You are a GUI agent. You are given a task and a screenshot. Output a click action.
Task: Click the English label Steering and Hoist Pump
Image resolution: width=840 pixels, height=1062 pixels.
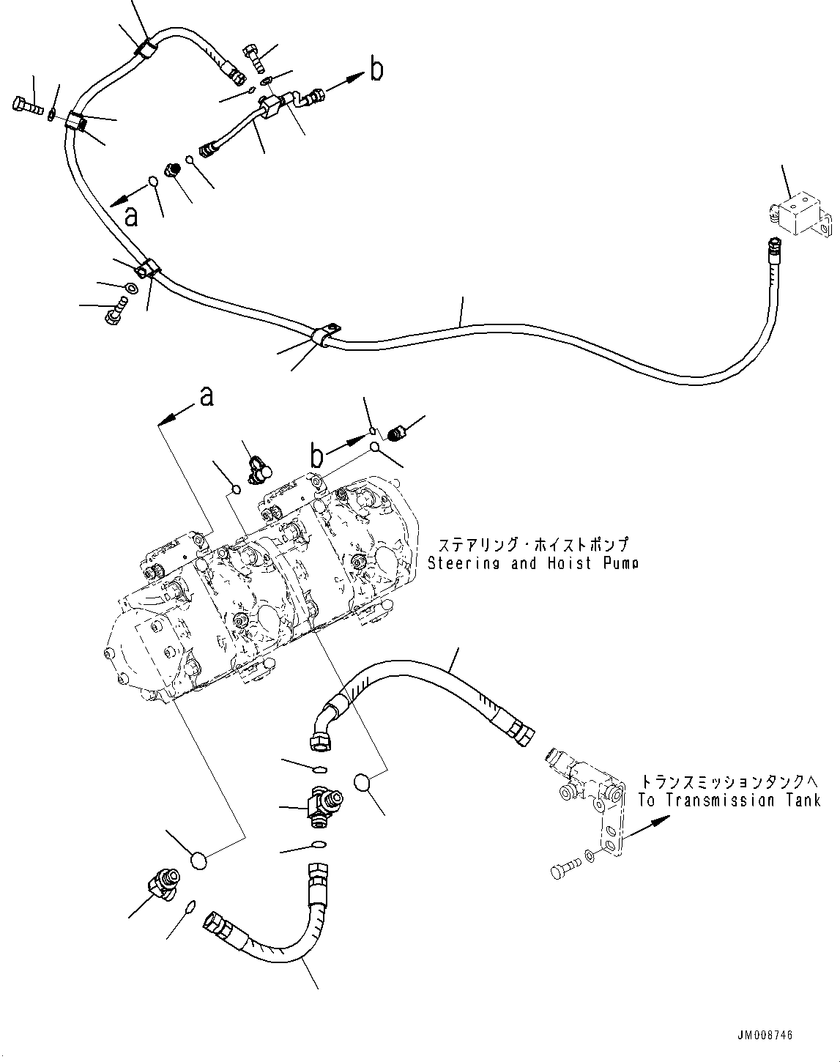point(532,563)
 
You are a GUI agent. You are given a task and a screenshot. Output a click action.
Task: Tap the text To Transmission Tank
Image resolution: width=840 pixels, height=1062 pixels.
point(729,801)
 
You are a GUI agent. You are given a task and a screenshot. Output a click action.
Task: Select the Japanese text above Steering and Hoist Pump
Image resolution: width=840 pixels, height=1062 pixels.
point(533,545)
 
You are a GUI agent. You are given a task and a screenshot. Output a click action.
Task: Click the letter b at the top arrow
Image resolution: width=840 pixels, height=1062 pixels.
point(376,70)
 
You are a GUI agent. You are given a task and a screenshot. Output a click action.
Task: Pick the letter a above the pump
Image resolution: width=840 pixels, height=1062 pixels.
point(207,396)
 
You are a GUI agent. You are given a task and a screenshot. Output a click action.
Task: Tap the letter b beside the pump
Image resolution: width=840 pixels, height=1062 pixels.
point(316,456)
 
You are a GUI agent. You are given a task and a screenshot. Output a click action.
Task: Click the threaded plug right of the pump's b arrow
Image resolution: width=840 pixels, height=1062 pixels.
point(398,434)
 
